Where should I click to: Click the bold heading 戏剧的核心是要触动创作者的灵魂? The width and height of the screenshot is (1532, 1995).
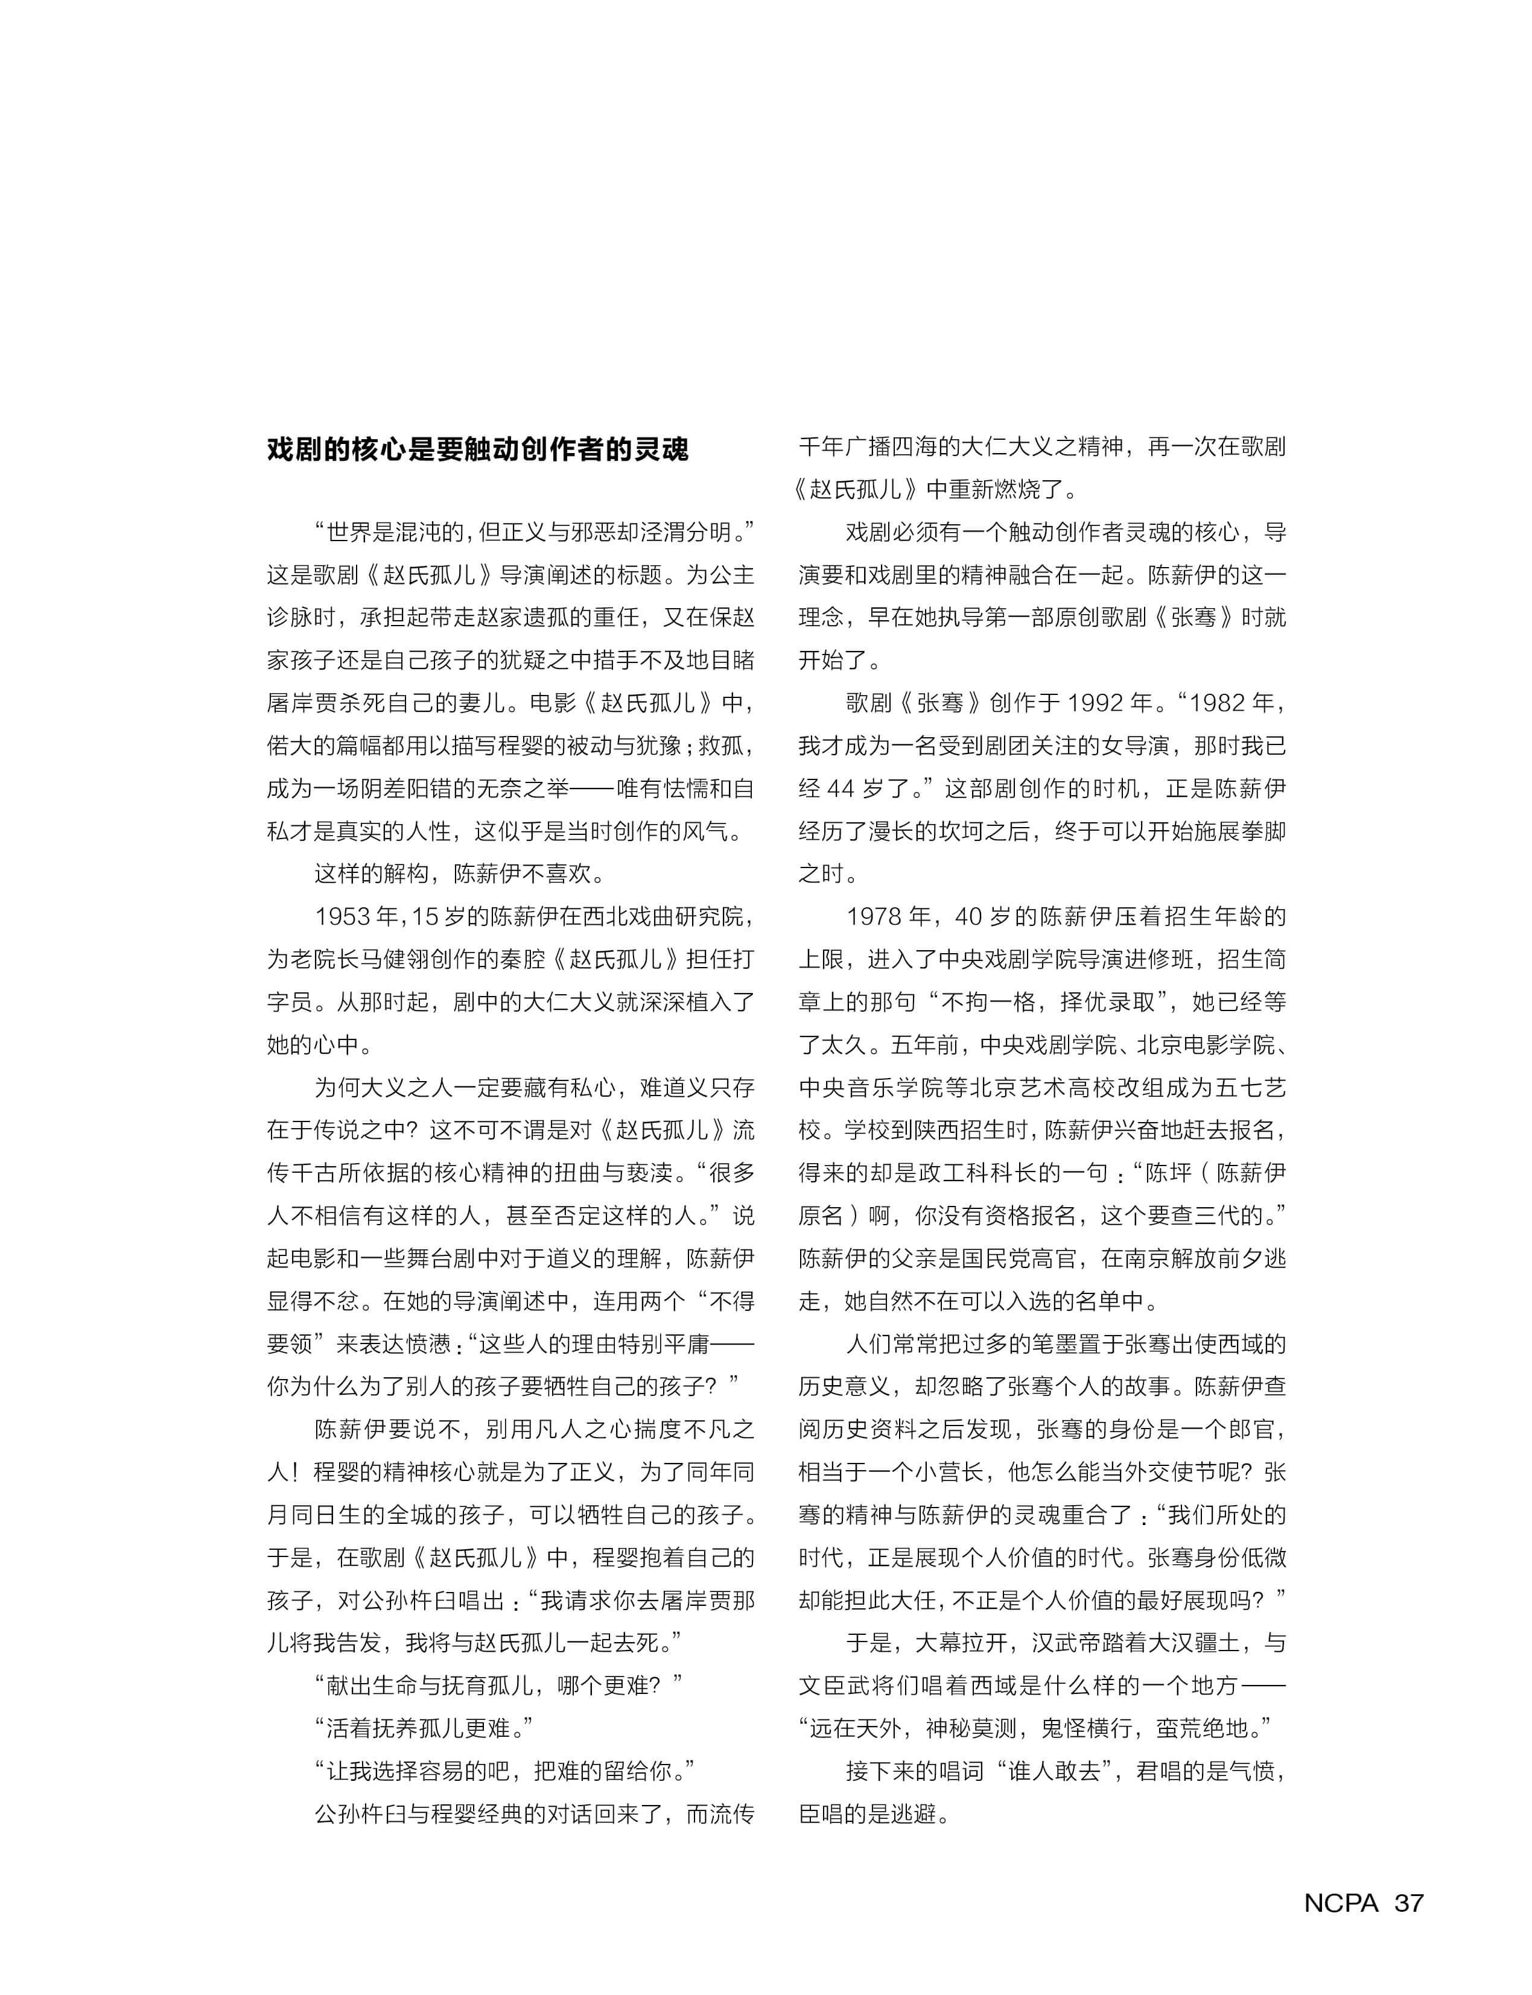(x=478, y=449)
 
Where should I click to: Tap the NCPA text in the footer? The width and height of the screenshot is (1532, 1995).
(x=1341, y=1902)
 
